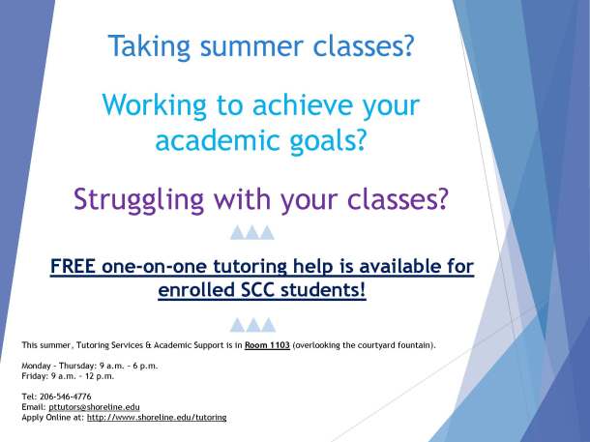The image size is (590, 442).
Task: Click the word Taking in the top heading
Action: point(143,45)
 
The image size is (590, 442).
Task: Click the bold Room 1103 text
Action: point(267,344)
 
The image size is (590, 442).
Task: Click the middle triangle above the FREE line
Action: point(253,232)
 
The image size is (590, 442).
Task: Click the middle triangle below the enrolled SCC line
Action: point(253,324)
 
